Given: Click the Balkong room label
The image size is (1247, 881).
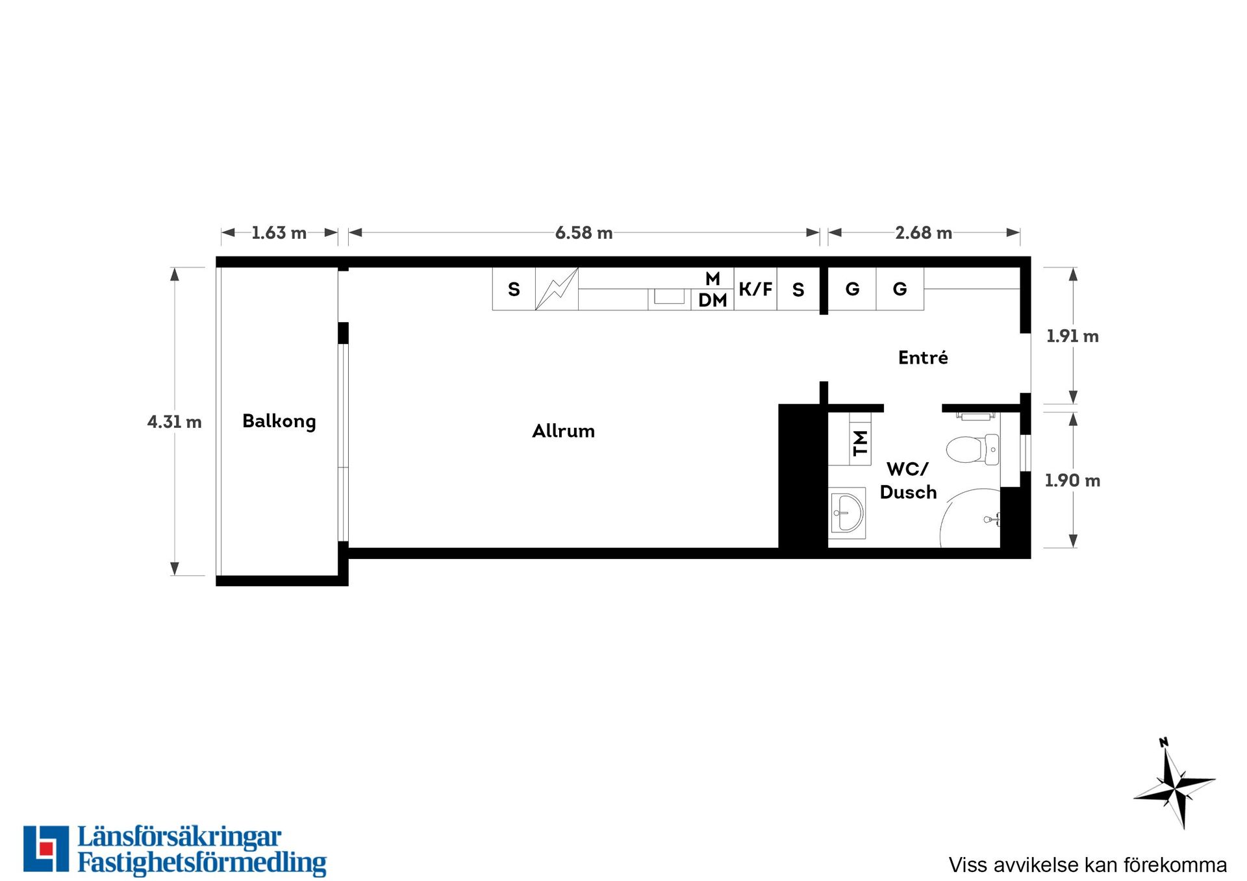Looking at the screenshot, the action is [279, 421].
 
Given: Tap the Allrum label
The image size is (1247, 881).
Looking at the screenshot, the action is [563, 431].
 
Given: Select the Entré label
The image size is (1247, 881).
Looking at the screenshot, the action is [923, 357].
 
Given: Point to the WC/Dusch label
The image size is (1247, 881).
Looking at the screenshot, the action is [908, 480].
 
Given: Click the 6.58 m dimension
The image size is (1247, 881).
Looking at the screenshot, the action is [584, 232].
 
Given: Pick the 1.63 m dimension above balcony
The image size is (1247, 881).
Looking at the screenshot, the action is [279, 232].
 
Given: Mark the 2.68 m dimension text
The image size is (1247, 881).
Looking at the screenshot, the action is [924, 232].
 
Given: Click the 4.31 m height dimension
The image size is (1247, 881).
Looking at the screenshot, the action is [175, 422].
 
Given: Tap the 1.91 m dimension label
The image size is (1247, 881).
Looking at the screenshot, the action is [1072, 336].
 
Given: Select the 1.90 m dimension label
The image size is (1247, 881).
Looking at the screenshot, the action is [1072, 480].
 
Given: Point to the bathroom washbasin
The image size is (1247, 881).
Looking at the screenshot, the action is [847, 513].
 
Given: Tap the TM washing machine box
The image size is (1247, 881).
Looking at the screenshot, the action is [860, 443].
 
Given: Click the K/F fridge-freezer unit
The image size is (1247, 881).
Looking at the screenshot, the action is [755, 289].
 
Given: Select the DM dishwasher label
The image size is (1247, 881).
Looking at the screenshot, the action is [712, 300].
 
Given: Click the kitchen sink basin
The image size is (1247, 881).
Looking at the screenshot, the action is [669, 297].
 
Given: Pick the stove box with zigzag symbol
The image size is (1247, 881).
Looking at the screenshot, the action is [557, 289].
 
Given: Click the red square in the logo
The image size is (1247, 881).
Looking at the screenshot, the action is [45, 848].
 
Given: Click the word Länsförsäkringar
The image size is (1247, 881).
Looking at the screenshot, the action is [179, 838].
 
